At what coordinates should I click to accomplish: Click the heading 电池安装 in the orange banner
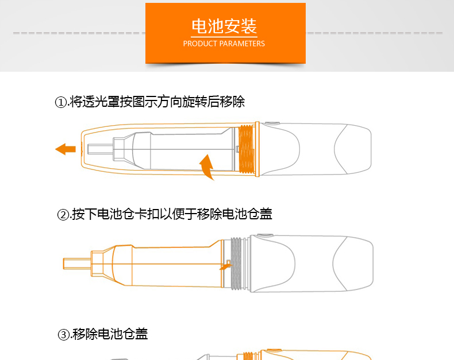click(224, 26)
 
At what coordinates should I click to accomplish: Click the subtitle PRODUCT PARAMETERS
click(224, 44)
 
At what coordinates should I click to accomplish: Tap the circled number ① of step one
click(61, 102)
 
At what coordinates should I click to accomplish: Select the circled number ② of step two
click(63, 215)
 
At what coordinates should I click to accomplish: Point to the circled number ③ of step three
click(64, 335)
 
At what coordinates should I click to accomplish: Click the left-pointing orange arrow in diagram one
click(66, 149)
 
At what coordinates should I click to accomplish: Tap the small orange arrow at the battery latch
click(225, 265)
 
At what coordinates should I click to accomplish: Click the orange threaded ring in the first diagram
click(246, 149)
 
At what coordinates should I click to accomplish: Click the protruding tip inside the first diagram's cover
click(100, 149)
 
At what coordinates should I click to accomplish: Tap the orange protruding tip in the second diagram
click(77, 264)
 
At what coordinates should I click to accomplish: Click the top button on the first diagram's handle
click(272, 123)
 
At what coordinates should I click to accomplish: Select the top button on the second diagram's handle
click(265, 235)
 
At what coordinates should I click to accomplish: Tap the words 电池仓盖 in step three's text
click(123, 334)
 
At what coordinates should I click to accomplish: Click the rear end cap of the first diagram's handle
click(353, 149)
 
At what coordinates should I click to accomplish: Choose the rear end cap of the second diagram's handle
click(353, 264)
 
